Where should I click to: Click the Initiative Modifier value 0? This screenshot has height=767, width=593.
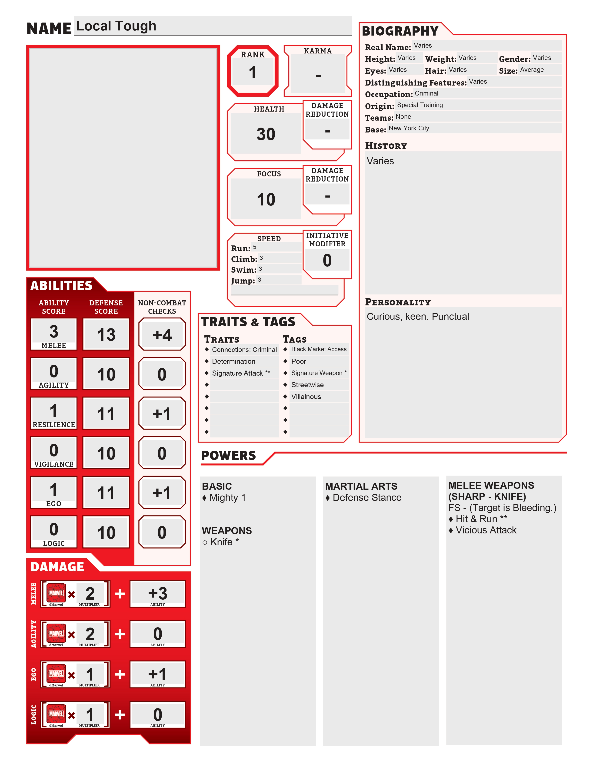[327, 261]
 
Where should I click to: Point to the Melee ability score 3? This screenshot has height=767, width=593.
[54, 331]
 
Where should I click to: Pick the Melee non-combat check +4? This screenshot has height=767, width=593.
[162, 335]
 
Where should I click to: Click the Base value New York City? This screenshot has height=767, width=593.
[409, 128]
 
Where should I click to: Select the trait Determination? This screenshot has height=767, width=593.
[234, 361]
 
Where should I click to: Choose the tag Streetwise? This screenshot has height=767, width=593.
[307, 385]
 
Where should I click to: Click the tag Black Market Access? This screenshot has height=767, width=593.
[319, 349]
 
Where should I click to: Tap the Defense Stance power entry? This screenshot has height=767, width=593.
[366, 498]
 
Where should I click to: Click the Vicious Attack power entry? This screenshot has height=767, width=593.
[486, 530]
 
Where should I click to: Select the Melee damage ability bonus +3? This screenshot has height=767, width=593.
[157, 594]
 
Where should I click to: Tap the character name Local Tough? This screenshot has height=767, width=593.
[116, 26]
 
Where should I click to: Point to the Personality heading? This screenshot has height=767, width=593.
[398, 302]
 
